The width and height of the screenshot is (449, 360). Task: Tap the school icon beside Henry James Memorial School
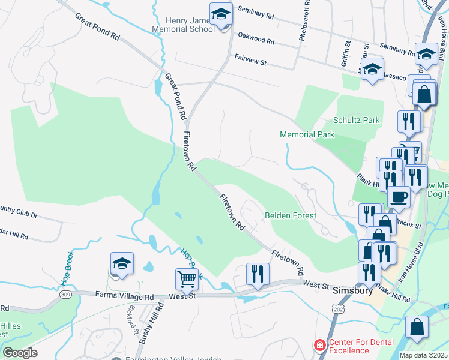pyautogui.click(x=221, y=14)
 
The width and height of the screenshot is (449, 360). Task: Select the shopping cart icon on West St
pyautogui.click(x=187, y=279)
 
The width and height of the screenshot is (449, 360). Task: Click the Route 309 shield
pyautogui.click(x=65, y=294)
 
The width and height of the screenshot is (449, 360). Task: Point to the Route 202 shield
pyautogui.click(x=339, y=307)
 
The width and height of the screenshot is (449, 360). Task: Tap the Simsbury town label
pyautogui.click(x=353, y=290)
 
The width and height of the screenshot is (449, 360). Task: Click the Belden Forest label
pyautogui.click(x=291, y=215)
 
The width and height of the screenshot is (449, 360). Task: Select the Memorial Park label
pyautogui.click(x=307, y=134)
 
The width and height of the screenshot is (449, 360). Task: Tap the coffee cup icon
pyautogui.click(x=399, y=197)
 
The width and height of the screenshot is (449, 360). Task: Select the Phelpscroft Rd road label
pyautogui.click(x=302, y=22)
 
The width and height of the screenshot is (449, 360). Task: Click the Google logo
pyautogui.click(x=20, y=352)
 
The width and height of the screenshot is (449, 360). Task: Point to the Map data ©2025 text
pyautogui.click(x=423, y=355)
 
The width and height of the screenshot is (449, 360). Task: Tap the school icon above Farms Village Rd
pyautogui.click(x=122, y=264)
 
